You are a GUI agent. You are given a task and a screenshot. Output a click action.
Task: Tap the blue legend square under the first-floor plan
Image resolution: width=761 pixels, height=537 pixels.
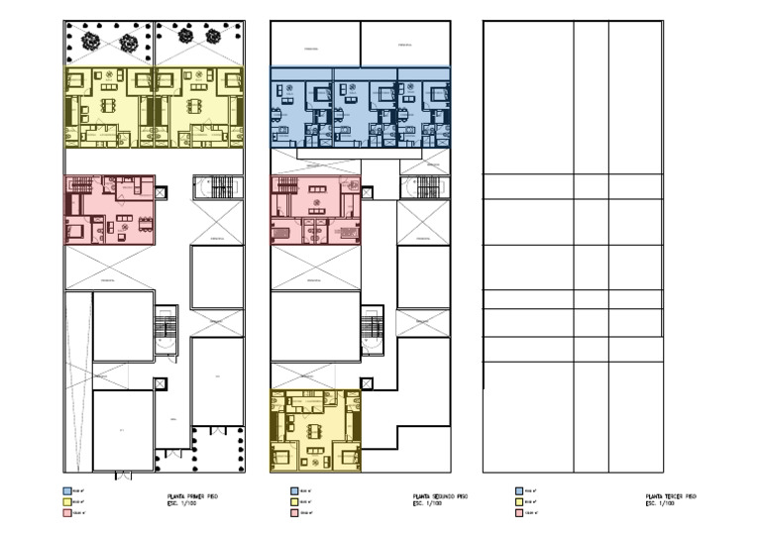click(x=67, y=490)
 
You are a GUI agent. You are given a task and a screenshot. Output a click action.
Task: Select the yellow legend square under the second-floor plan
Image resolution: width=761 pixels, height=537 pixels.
click(x=294, y=501)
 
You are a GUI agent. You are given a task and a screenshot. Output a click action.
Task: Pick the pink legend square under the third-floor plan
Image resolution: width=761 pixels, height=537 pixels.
click(x=520, y=513)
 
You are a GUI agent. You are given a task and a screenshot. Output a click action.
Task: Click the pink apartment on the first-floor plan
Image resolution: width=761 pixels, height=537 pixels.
click(x=109, y=210)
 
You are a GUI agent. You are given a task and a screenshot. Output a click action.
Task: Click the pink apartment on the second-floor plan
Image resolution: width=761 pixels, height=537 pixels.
click(x=315, y=210)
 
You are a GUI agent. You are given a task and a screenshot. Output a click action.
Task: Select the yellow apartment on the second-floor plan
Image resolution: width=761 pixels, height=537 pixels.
click(x=315, y=430)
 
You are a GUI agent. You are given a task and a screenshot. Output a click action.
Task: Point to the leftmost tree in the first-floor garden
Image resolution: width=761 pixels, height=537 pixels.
click(x=90, y=42)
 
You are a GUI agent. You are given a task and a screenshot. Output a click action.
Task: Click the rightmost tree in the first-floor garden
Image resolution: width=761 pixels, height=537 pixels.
click(x=213, y=36)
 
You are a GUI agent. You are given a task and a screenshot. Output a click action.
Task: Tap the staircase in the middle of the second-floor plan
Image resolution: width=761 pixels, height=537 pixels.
click(x=373, y=330)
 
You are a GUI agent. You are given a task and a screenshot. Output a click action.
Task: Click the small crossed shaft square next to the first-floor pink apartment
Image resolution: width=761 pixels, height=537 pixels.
click(x=161, y=193)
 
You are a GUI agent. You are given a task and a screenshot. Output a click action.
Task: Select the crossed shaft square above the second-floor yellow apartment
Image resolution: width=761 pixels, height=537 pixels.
click(x=367, y=383)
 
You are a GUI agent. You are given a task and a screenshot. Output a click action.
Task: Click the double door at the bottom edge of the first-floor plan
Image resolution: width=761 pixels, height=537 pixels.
click(x=123, y=476)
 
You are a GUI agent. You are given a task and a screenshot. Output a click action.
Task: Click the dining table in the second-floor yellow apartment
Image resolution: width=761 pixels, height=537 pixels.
click(x=315, y=431)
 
